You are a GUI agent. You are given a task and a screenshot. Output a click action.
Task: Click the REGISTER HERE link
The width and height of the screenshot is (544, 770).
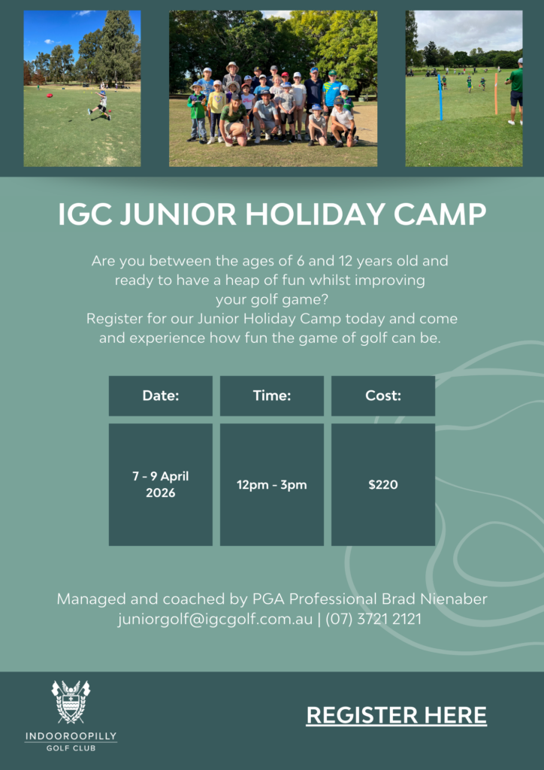[396, 715]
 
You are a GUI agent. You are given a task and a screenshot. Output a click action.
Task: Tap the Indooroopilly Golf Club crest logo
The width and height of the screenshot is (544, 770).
[71, 702]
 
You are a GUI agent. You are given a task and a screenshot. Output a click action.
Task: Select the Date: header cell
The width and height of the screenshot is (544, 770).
[160, 396]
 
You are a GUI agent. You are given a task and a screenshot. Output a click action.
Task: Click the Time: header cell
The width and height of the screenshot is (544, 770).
[272, 396]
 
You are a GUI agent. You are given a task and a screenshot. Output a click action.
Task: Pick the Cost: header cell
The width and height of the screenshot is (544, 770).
[383, 396]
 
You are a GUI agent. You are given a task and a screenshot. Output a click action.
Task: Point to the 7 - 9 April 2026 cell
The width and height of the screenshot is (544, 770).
[160, 485]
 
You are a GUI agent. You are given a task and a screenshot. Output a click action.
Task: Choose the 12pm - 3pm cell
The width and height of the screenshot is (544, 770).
[272, 485]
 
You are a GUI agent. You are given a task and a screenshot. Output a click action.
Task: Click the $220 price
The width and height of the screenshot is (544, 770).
[383, 485]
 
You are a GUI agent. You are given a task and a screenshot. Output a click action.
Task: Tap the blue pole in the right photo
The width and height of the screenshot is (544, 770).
[440, 97]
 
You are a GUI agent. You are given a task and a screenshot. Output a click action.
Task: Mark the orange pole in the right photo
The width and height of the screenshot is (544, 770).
[496, 94]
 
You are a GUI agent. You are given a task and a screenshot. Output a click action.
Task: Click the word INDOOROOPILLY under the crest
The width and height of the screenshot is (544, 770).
[71, 736]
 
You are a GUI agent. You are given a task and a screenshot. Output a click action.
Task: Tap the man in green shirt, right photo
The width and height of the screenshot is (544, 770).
[515, 91]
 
